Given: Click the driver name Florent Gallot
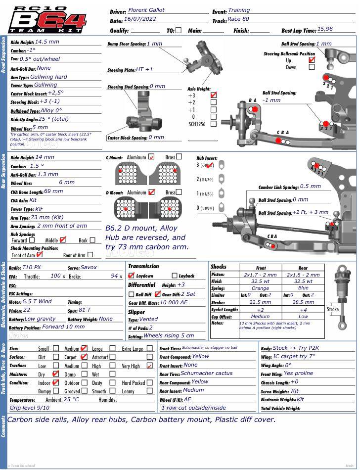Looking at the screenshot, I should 147,10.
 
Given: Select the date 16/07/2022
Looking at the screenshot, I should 140,19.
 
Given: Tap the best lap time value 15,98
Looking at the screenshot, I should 325,29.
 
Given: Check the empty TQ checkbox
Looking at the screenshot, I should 179,30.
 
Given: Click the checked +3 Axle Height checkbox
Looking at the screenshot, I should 214,95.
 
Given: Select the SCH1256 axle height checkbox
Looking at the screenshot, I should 214,124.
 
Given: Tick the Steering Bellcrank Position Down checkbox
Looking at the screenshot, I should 312,67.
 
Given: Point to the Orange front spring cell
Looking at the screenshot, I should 260,288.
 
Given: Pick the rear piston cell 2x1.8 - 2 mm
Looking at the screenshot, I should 303,275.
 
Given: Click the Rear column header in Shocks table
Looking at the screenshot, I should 303,268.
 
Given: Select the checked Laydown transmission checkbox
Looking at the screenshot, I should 131,276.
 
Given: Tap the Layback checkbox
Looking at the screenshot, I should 174,276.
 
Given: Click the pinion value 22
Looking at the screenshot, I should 27,310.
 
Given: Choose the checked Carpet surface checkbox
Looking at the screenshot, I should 84,357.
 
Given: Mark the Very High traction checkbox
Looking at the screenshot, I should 149,366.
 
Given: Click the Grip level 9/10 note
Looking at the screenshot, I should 30,408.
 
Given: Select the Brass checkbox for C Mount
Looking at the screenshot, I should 179,157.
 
